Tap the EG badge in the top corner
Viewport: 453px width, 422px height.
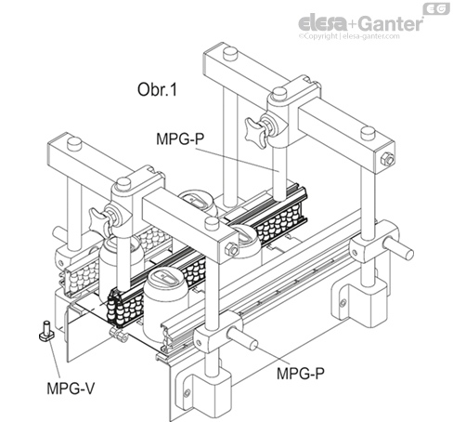tap(436, 9)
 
